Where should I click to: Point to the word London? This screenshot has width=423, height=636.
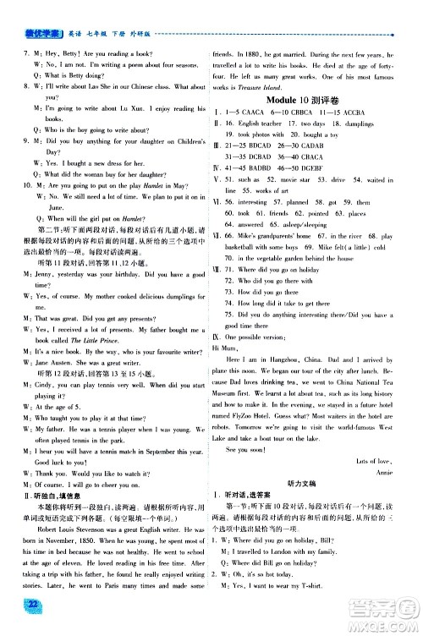(x=286, y=562)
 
